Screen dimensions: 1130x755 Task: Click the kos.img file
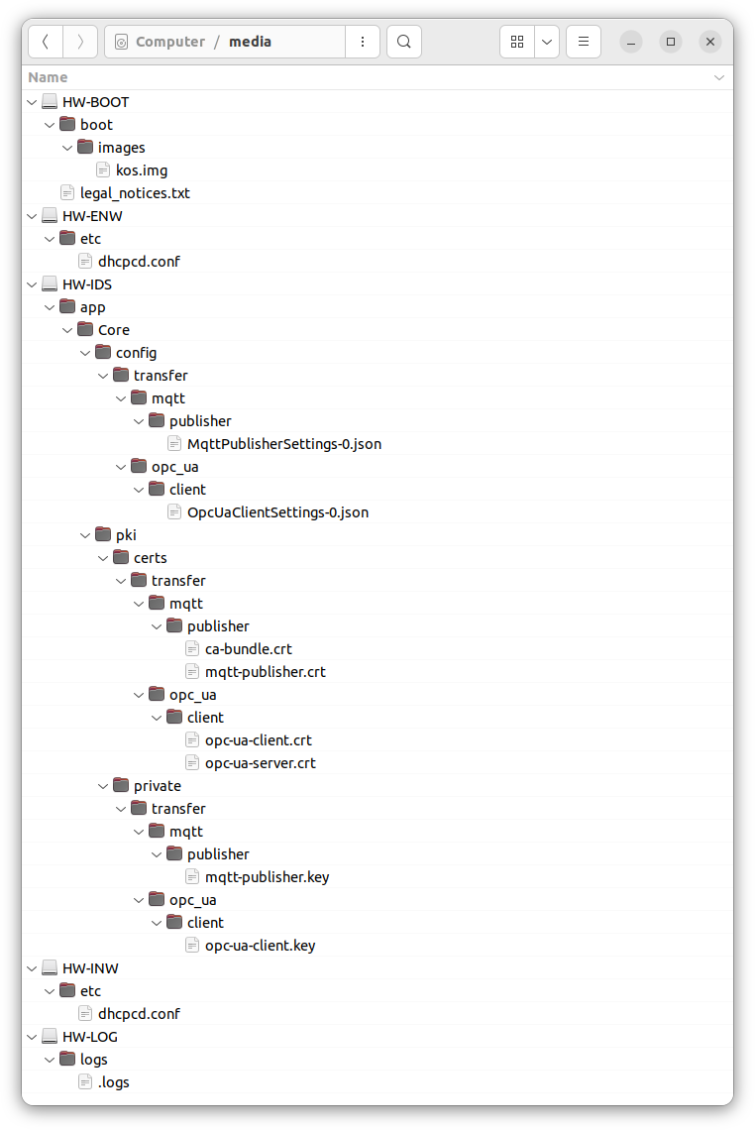(141, 170)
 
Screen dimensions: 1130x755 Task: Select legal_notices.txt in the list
(134, 193)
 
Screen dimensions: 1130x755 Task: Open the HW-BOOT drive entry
(95, 102)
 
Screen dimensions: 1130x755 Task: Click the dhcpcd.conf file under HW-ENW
(139, 262)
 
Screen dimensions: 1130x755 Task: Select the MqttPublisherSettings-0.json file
(283, 444)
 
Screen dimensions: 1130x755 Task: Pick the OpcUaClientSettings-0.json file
(277, 512)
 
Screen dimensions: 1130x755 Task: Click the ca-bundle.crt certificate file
(248, 649)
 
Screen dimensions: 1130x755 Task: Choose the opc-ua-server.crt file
(260, 763)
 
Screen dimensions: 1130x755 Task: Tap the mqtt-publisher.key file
(267, 877)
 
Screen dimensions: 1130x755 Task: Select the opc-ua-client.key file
(260, 946)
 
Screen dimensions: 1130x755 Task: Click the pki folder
(126, 535)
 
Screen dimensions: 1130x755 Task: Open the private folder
(157, 786)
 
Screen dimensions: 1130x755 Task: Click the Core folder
(113, 330)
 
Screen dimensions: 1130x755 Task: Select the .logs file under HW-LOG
(113, 1082)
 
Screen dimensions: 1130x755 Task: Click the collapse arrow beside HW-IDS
(33, 284)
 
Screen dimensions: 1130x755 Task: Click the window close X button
(709, 42)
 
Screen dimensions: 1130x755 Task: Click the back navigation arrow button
(46, 42)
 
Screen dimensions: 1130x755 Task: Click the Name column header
(49, 77)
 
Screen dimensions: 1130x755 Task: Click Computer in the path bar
(169, 42)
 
